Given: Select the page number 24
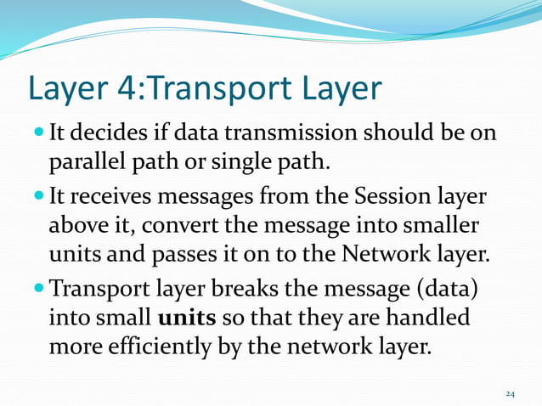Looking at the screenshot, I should [510, 393].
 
